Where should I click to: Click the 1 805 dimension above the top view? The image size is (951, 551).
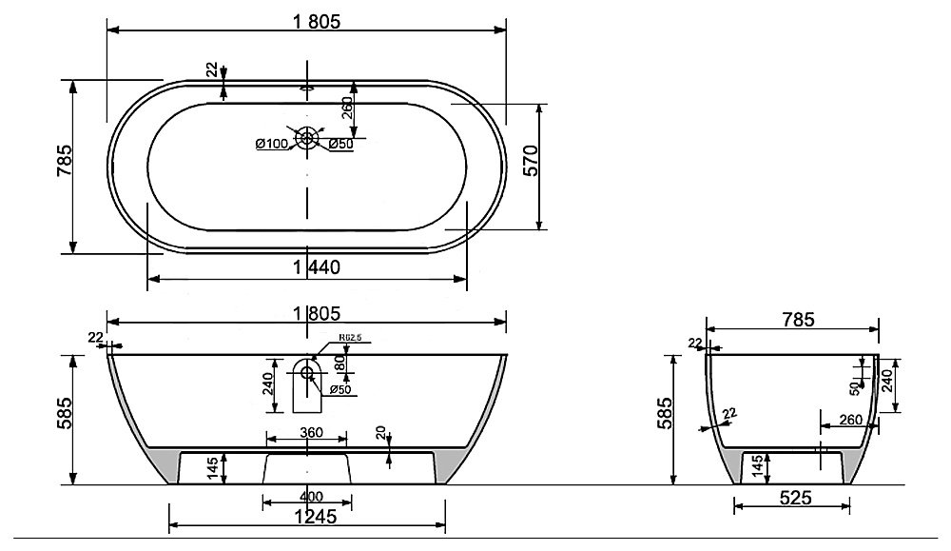(307, 18)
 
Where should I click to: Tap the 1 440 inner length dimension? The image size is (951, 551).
(307, 267)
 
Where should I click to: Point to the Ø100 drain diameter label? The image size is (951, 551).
(272, 145)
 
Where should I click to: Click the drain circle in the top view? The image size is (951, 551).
(306, 138)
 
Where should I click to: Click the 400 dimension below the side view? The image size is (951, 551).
(306, 496)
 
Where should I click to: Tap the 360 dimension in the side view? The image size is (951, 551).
(306, 433)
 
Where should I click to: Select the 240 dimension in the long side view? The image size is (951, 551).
(268, 384)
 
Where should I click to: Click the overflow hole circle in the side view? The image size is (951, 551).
(306, 372)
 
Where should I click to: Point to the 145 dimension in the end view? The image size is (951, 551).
(758, 465)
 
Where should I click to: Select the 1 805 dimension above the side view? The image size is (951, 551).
(306, 312)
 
